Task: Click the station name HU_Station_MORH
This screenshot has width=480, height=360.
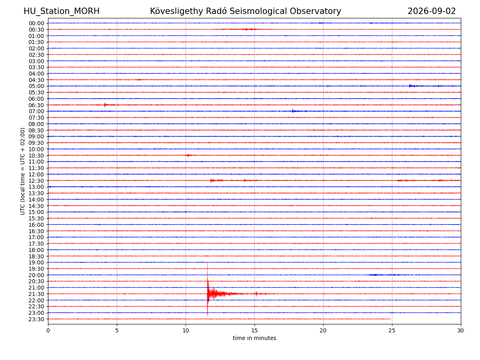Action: (x=62, y=11)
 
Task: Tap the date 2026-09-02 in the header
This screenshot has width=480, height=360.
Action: (x=432, y=11)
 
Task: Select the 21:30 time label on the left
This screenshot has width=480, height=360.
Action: (x=36, y=294)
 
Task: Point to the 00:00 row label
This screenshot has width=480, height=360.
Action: (x=36, y=23)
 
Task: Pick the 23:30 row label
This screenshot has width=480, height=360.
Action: (x=36, y=319)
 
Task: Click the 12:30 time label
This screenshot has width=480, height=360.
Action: (x=36, y=181)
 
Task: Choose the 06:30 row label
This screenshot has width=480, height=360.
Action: (x=36, y=105)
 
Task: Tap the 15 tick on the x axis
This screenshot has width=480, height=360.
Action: (x=254, y=330)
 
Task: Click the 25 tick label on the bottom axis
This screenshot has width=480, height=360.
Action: (x=392, y=330)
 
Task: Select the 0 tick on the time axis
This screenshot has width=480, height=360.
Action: (x=48, y=330)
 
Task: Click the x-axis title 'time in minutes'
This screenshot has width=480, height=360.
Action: (x=254, y=338)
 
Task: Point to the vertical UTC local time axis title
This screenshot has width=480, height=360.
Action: (x=22, y=171)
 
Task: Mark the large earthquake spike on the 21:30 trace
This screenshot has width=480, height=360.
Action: (x=208, y=290)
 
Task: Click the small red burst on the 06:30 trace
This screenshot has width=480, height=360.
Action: (x=105, y=105)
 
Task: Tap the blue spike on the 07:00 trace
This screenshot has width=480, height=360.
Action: (x=293, y=111)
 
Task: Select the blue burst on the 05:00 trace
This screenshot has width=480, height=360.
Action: (x=410, y=86)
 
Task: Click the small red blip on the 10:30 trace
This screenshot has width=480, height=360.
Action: (x=188, y=155)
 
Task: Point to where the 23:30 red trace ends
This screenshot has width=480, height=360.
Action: (x=391, y=319)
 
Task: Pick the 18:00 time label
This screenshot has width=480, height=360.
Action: (x=36, y=250)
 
